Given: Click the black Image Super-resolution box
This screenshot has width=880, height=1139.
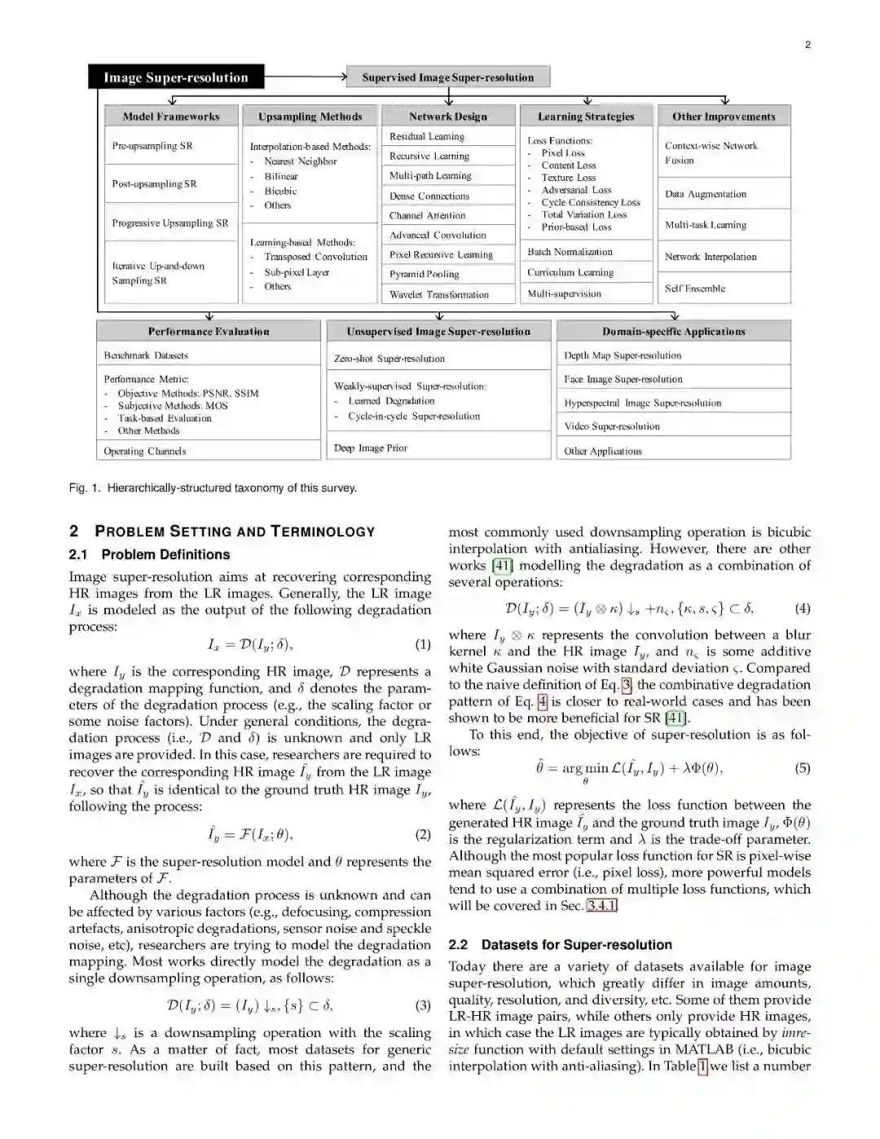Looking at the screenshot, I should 176,77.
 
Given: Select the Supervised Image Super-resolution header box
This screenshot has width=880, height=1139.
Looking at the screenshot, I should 448,77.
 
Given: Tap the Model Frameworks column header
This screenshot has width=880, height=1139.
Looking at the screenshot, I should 171,117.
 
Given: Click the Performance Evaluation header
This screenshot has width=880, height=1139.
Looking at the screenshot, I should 209,332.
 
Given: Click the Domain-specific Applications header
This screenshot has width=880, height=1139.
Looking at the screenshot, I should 674,332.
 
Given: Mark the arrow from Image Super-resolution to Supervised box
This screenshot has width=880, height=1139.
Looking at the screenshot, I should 306,77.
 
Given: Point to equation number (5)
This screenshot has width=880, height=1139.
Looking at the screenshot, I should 803,768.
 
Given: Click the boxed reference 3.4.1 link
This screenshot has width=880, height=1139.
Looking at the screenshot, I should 602,906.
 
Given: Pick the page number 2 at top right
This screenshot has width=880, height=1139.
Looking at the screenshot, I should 807,45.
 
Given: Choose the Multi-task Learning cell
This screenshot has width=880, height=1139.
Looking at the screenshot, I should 706,225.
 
